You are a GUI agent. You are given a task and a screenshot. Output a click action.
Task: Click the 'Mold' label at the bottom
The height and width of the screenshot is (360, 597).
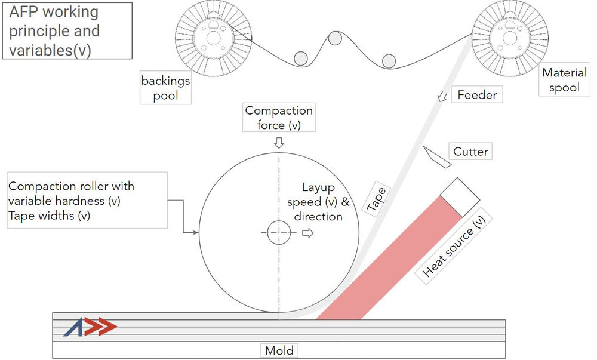click(279, 350)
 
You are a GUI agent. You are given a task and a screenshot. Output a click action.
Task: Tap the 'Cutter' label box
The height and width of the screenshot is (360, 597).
click(470, 152)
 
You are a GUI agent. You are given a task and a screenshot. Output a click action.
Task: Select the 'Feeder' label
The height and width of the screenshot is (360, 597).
click(477, 94)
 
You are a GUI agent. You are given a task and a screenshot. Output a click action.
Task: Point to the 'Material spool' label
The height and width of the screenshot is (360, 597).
click(564, 80)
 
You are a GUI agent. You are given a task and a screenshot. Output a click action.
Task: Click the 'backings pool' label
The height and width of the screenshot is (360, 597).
click(165, 88)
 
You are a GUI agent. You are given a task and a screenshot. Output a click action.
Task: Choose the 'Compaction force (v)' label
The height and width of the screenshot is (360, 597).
click(279, 117)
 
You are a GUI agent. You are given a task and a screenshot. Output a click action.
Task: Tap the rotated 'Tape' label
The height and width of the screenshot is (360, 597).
click(376, 199)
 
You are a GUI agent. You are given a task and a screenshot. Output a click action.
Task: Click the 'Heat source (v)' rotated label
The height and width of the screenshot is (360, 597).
click(454, 246)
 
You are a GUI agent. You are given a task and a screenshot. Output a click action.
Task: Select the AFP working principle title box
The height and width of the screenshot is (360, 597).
click(67, 31)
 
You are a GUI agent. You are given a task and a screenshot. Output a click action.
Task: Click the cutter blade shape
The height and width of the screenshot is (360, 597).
click(437, 157)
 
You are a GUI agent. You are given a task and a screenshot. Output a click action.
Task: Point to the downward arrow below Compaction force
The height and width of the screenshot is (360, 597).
click(279, 143)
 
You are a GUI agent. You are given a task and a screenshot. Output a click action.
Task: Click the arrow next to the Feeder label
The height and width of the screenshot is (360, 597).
click(442, 97)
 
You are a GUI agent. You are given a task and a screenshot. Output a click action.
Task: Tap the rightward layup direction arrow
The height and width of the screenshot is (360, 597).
click(307, 233)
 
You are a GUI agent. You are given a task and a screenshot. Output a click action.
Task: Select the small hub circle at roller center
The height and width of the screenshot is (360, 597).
click(279, 232)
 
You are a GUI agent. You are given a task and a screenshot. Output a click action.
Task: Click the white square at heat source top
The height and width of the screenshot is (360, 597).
click(460, 197)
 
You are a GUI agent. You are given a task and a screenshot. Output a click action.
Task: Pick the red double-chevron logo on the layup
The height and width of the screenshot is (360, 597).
click(101, 326)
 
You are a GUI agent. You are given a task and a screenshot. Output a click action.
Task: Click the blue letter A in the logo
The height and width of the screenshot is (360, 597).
click(73, 327)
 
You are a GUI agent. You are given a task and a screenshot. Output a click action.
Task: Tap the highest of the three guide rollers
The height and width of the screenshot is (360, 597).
click(335, 38)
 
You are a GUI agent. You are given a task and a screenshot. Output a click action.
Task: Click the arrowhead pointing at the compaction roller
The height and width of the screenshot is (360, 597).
click(196, 232)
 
